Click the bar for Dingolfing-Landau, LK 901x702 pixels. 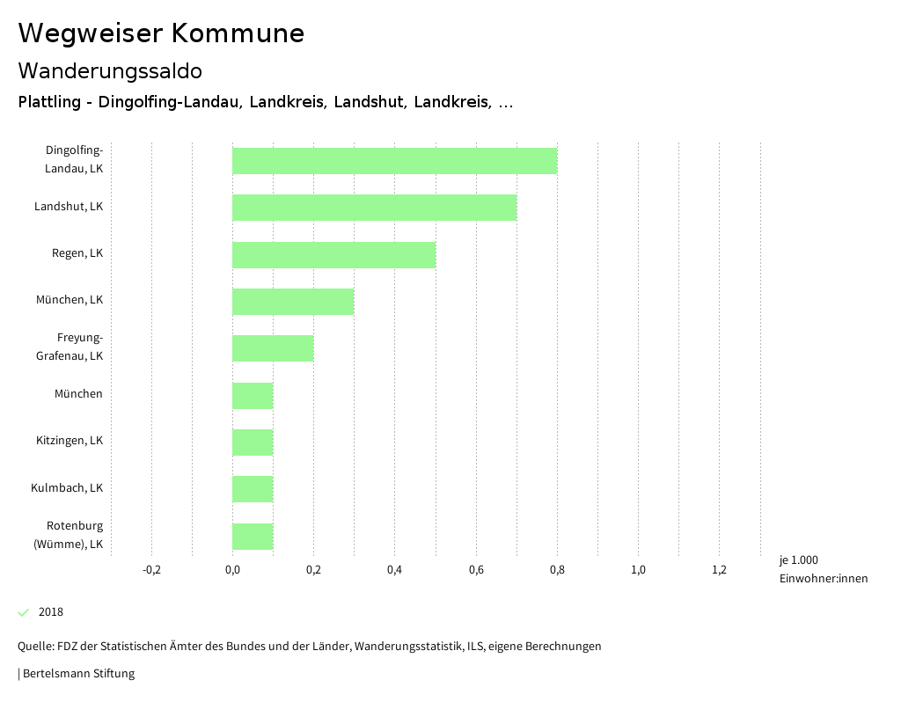[x=394, y=161]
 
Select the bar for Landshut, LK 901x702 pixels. [x=374, y=208]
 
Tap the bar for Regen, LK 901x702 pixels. [x=333, y=255]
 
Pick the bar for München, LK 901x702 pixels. [x=293, y=302]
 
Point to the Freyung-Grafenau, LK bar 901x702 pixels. [x=273, y=348]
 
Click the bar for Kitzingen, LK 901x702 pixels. [x=253, y=442]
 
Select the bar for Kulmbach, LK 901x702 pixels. [x=253, y=489]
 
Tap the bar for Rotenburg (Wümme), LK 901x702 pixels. [x=253, y=537]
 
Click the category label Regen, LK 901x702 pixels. [x=77, y=253]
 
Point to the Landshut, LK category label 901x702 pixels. [x=69, y=207]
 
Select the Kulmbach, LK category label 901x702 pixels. [x=67, y=487]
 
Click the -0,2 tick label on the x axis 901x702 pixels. [x=151, y=570]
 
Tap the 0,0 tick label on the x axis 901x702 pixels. [x=232, y=570]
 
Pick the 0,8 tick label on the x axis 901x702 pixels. [x=557, y=570]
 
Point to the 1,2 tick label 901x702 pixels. [x=719, y=570]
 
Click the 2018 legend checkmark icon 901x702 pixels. [x=24, y=612]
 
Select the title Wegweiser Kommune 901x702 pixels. [x=161, y=33]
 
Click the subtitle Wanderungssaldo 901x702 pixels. [x=110, y=70]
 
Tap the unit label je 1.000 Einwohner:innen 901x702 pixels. [x=823, y=569]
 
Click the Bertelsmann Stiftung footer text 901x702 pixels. [x=78, y=674]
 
